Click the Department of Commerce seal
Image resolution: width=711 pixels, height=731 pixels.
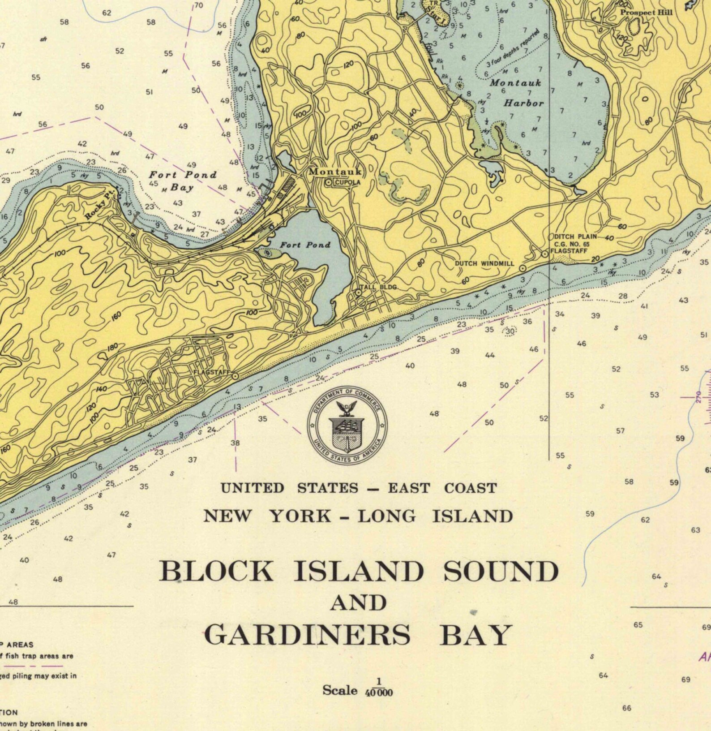347,425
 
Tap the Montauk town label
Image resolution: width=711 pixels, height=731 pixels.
335,172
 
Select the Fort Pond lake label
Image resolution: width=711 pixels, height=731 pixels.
305,245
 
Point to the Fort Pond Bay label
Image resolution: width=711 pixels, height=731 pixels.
182,181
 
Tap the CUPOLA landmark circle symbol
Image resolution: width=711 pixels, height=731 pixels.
329,182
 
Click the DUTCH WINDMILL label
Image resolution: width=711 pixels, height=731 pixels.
484,263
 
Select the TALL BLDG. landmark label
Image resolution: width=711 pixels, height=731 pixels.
379,287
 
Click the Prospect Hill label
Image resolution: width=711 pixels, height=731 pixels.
646,13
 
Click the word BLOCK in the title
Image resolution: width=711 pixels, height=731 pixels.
216,572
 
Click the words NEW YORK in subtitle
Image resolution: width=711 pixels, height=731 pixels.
268,516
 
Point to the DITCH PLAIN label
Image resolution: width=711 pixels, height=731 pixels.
575,236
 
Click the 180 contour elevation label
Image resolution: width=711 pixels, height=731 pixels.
113,347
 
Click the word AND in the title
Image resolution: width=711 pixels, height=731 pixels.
358,603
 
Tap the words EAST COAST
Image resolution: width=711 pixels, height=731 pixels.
442,488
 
